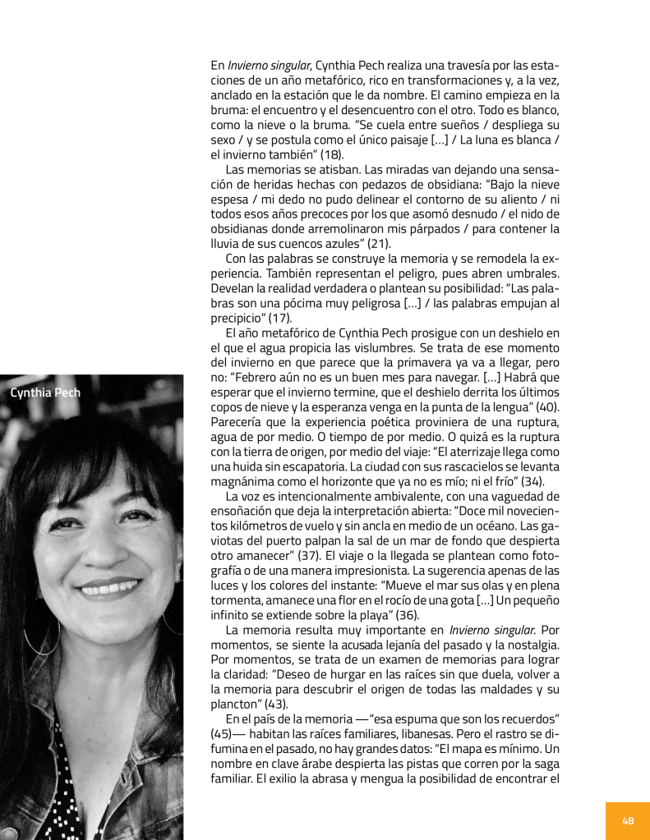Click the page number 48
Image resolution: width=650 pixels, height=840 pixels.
tap(628, 820)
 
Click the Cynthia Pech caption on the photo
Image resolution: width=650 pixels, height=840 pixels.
tap(45, 392)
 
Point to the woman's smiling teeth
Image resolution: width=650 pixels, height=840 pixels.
tap(108, 588)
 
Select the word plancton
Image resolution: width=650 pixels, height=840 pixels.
tap(236, 702)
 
